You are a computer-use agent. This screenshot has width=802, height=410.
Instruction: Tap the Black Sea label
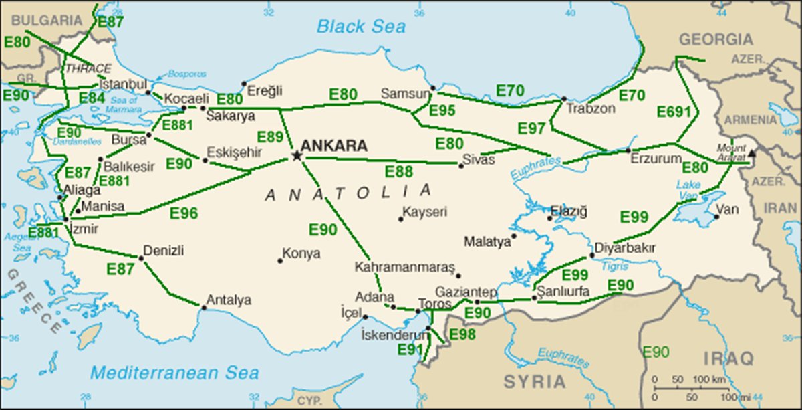(x=361, y=27)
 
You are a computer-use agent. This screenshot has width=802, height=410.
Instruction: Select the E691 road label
(x=673, y=112)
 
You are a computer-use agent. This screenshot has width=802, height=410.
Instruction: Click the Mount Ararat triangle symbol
(x=752, y=153)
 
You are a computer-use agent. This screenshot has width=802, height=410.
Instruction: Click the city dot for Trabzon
(x=564, y=99)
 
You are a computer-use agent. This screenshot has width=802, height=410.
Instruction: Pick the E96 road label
(x=184, y=213)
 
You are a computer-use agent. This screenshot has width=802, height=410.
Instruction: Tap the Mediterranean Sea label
(x=175, y=373)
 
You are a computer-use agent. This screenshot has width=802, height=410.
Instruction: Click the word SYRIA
(x=534, y=382)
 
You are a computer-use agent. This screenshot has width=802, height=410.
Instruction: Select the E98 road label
(x=462, y=334)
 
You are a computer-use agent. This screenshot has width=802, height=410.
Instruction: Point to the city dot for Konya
(x=280, y=260)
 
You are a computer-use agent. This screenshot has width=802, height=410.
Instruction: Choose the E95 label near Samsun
(x=442, y=110)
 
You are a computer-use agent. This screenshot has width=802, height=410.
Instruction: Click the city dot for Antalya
(x=204, y=307)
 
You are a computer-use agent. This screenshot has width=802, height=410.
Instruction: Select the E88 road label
(x=398, y=172)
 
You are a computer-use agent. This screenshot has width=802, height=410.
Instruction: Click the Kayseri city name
(x=426, y=212)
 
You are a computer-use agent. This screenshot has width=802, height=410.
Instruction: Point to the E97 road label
(x=531, y=128)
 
